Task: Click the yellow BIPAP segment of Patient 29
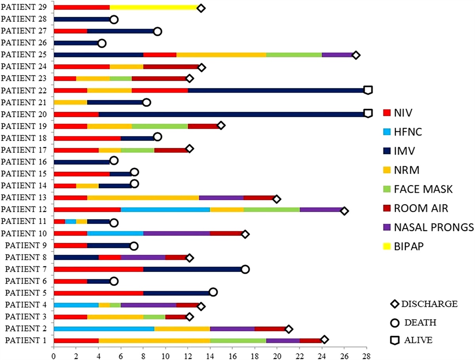pos(155,8)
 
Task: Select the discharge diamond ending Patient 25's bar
pos(356,55)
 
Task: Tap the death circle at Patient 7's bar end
pos(245,269)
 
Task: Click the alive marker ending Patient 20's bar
pos(368,114)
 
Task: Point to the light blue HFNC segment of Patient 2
pos(104,328)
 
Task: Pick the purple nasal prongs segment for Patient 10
pos(177,234)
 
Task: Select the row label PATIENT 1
pos(26,340)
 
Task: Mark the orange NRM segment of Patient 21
pos(70,102)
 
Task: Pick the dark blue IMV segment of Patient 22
pos(277,91)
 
